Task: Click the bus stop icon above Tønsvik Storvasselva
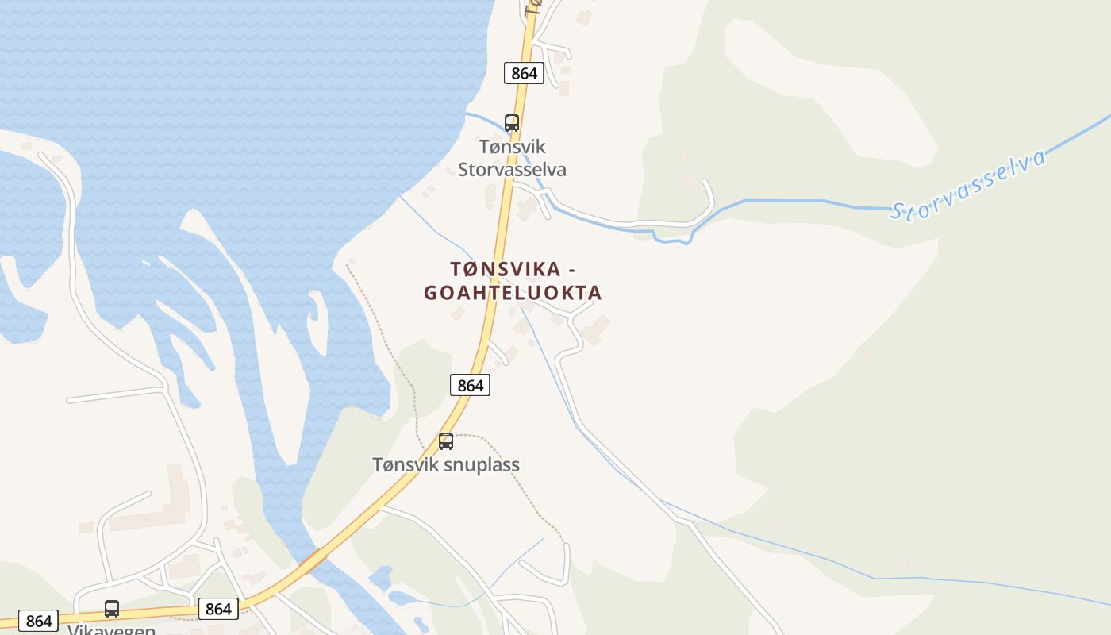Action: [512, 123]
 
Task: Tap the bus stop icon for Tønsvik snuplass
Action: [446, 441]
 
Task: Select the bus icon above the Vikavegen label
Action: [112, 609]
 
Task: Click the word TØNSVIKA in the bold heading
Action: [506, 268]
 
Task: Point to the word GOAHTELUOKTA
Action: [513, 293]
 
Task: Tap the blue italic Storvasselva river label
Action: [967, 186]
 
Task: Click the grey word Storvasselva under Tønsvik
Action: [512, 170]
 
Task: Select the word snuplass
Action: [482, 465]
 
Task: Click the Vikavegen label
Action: [111, 629]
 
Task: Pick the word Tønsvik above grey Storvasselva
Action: [512, 147]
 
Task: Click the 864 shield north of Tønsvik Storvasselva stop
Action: [524, 73]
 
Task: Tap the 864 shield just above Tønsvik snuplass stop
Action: [470, 385]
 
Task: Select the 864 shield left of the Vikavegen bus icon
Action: [38, 621]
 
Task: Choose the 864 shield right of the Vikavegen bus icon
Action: [217, 609]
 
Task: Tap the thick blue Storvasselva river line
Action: [794, 201]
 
